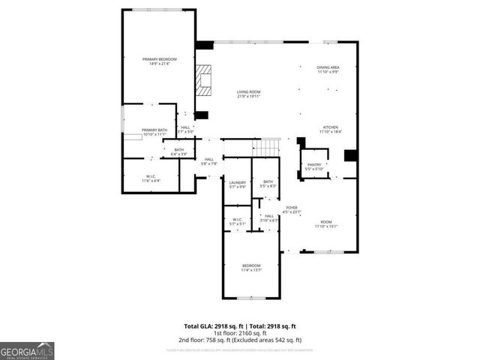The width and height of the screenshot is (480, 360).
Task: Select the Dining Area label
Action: tap(328, 70)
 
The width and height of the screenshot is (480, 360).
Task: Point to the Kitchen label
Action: tap(331, 129)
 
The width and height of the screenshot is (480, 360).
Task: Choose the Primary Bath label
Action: tap(154, 132)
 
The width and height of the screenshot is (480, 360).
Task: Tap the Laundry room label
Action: tap(238, 184)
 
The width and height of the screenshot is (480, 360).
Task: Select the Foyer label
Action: tap(292, 210)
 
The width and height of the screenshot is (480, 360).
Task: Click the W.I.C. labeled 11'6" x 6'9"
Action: tap(151, 178)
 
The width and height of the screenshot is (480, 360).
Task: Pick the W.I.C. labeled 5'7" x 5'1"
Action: tap(238, 221)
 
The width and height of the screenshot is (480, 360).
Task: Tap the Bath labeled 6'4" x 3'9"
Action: tap(179, 151)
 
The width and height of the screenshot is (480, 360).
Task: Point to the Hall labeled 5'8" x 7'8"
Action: tap(209, 160)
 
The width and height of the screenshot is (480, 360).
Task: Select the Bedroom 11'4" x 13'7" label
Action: tap(251, 268)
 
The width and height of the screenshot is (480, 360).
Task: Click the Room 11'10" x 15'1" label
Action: tap(326, 223)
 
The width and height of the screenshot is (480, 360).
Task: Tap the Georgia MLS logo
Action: tap(27, 350)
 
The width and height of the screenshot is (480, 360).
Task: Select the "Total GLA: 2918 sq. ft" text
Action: tap(214, 326)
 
